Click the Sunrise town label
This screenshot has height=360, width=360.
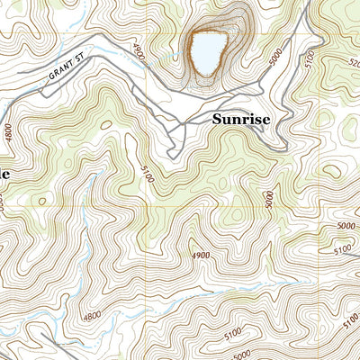241,118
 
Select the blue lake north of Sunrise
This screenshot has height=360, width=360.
205,52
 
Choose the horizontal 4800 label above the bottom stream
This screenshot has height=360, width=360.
92,316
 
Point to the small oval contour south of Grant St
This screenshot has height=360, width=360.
106,124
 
